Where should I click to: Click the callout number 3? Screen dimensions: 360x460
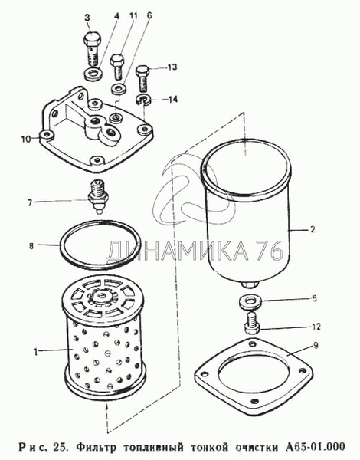click(x=87, y=18)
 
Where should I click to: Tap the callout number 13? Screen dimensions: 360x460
click(x=172, y=67)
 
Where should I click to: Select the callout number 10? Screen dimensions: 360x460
click(x=26, y=139)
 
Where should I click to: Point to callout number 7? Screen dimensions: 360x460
click(x=30, y=202)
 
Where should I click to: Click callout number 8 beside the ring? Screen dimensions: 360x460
click(x=31, y=246)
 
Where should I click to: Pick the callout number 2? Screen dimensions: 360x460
click(x=313, y=229)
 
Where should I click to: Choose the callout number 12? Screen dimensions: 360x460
click(x=316, y=327)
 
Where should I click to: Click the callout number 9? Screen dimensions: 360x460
click(x=315, y=345)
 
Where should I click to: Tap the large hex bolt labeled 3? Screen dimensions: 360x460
click(x=93, y=48)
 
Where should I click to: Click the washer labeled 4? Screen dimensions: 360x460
click(x=93, y=75)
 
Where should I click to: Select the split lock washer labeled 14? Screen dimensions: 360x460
click(x=143, y=100)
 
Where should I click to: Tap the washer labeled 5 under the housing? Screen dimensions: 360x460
click(x=249, y=302)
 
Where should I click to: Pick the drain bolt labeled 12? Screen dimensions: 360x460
click(x=251, y=322)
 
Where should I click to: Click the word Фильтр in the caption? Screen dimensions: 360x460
click(x=96, y=448)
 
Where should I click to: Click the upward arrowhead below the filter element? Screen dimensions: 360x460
click(x=106, y=408)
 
